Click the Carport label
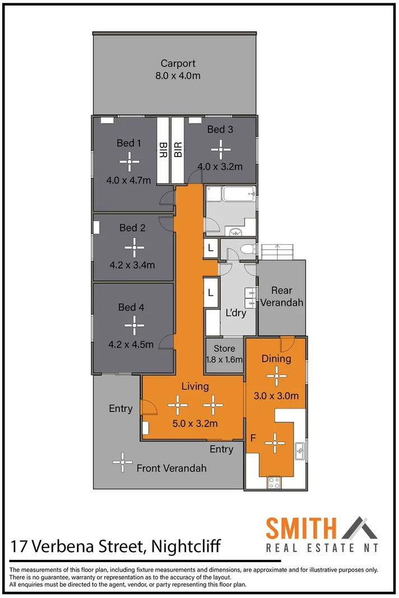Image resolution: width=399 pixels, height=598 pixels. coord(178,63)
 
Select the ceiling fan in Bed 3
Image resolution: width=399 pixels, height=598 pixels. coord(220,149)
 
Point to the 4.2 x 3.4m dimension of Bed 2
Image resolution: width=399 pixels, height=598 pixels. coord(132,265)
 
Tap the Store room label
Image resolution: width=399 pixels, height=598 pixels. coord(224,349)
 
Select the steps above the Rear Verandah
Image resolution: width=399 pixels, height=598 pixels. coord(277,252)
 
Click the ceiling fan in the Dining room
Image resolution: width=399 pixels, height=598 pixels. coord(276,377)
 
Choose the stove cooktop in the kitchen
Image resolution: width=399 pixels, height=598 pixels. coord(275,482)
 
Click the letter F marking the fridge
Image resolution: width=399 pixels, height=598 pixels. coord(253,438)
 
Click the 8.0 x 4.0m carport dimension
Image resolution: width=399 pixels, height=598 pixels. coord(178,75)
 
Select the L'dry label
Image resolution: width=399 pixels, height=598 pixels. coord(235,313)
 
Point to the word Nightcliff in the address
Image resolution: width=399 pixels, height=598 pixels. coord(183,545)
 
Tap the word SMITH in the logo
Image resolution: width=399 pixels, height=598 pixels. coord(301,529)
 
